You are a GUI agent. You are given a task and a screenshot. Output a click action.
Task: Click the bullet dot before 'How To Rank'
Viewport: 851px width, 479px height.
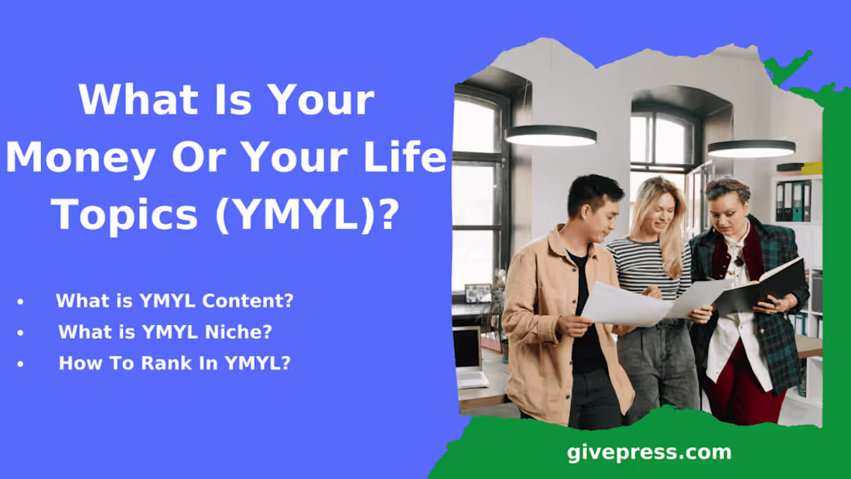point(20,363)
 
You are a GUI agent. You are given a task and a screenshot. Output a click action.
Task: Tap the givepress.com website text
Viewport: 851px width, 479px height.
point(648,452)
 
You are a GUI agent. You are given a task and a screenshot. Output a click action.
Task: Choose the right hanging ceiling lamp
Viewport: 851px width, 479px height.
point(750,147)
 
